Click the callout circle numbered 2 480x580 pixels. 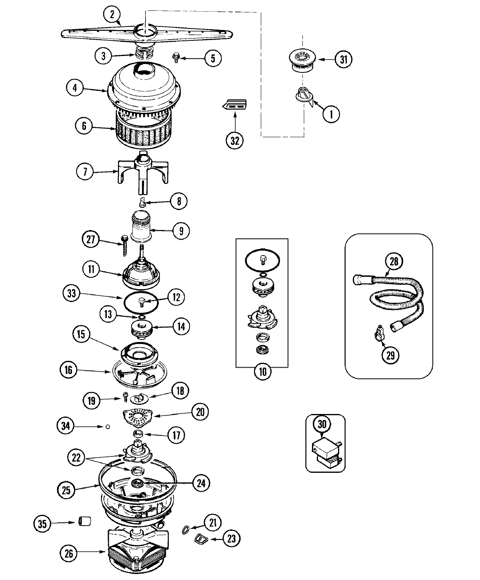(x=112, y=15)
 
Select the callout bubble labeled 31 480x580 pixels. (x=343, y=60)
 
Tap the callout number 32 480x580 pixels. (x=234, y=140)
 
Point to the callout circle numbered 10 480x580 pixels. (x=262, y=372)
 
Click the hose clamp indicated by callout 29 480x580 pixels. (x=380, y=332)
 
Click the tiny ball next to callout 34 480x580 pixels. (x=107, y=427)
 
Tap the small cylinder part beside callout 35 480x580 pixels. (x=84, y=521)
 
